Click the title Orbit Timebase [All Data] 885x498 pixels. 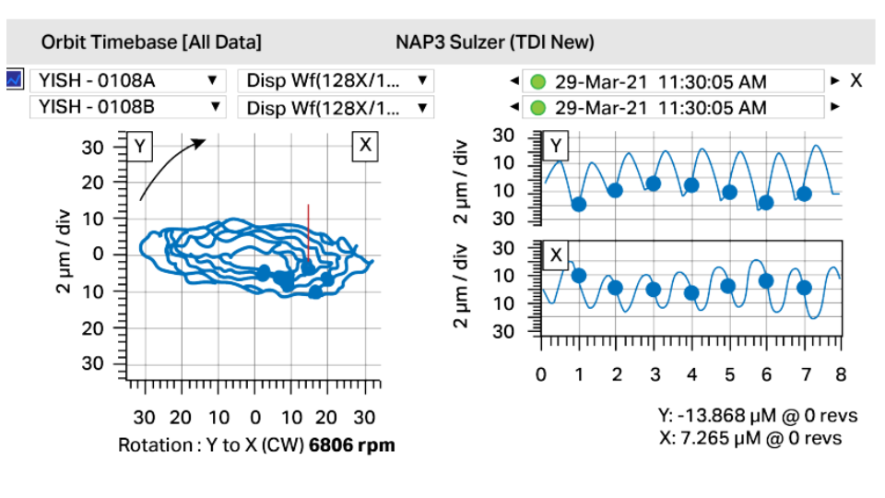(x=151, y=42)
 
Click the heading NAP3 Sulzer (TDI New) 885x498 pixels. (x=495, y=42)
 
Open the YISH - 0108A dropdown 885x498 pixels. (x=127, y=80)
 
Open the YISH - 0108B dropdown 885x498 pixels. (x=127, y=107)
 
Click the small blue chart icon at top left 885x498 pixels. (x=14, y=79)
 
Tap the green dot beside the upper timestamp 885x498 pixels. (x=538, y=81)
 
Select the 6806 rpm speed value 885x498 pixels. (x=352, y=445)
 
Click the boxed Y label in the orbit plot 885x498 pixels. (x=139, y=146)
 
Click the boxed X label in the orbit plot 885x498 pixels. (x=365, y=146)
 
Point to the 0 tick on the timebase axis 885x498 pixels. (x=541, y=374)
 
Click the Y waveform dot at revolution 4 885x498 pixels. (x=691, y=185)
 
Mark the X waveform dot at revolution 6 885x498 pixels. (x=766, y=281)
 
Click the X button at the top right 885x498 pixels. (x=855, y=80)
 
